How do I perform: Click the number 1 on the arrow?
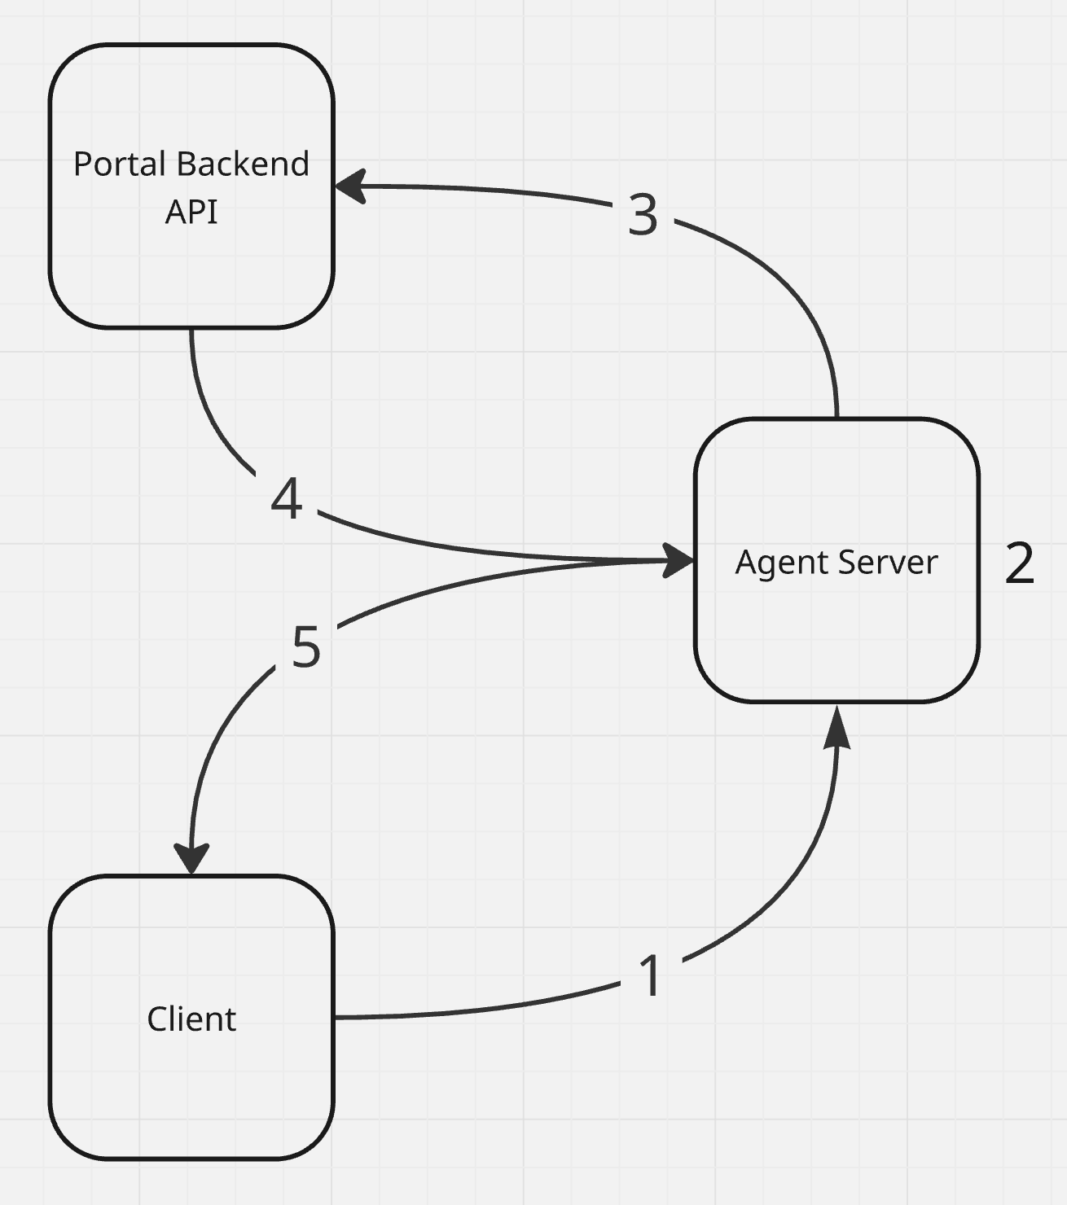(650, 975)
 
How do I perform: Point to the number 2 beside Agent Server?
(1019, 563)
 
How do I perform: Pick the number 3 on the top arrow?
(643, 215)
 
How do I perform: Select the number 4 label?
(287, 498)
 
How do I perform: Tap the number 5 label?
(306, 647)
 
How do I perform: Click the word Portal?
(120, 164)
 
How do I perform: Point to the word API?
(191, 212)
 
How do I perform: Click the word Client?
(191, 1019)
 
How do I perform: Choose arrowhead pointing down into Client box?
(192, 859)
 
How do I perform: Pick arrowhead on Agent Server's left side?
(678, 560)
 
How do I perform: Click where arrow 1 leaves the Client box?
(336, 1017)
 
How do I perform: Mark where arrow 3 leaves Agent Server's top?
(836, 416)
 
